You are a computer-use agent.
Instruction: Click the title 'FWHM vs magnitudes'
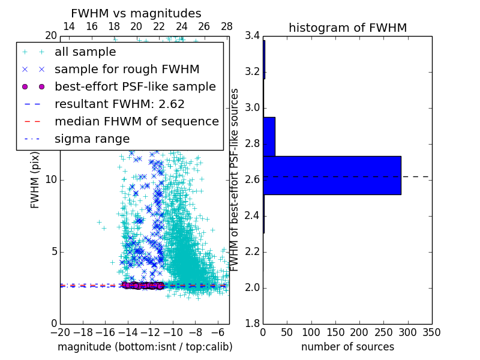136,14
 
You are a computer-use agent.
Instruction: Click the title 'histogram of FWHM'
347,28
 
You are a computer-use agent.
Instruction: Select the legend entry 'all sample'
85,52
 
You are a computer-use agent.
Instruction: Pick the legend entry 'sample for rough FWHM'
127,69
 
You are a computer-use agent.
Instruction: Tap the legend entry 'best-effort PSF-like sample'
135,86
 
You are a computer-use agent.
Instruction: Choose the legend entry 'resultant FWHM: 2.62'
119,104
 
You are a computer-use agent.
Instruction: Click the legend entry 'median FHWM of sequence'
136,121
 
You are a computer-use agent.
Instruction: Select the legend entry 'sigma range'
92,139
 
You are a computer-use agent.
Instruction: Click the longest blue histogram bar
332,175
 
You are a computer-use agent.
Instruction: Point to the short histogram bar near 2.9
269,136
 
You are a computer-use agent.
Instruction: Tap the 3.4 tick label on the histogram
253,36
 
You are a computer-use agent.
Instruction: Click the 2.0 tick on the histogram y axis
253,288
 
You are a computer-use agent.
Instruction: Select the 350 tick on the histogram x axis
431,332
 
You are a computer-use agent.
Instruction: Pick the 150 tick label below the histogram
335,332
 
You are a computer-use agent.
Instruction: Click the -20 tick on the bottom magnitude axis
60,332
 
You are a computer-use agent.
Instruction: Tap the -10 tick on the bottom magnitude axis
173,332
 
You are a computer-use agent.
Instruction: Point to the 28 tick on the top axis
226,26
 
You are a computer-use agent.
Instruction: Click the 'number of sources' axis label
347,347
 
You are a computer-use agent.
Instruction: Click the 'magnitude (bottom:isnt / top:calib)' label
145,347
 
